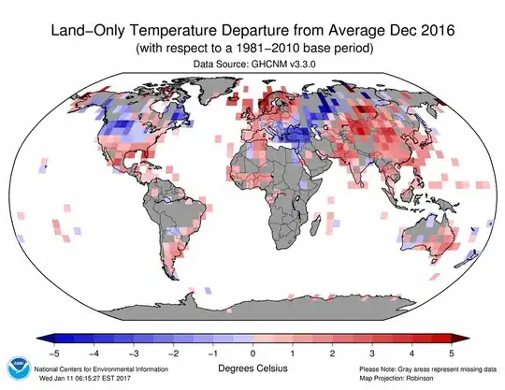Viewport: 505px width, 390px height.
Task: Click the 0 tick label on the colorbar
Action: pyautogui.click(x=252, y=354)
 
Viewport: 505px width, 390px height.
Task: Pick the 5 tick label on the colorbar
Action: pyautogui.click(x=452, y=354)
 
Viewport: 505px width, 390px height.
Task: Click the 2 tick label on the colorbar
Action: pyautogui.click(x=333, y=354)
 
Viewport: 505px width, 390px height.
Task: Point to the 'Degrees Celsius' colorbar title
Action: pyautogui.click(x=252, y=368)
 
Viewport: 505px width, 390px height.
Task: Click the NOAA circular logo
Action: pyautogui.click(x=20, y=367)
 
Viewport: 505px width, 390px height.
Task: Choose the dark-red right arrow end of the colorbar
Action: pyautogui.click(x=462, y=339)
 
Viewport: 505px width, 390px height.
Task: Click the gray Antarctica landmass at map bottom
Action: pyautogui.click(x=271, y=304)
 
